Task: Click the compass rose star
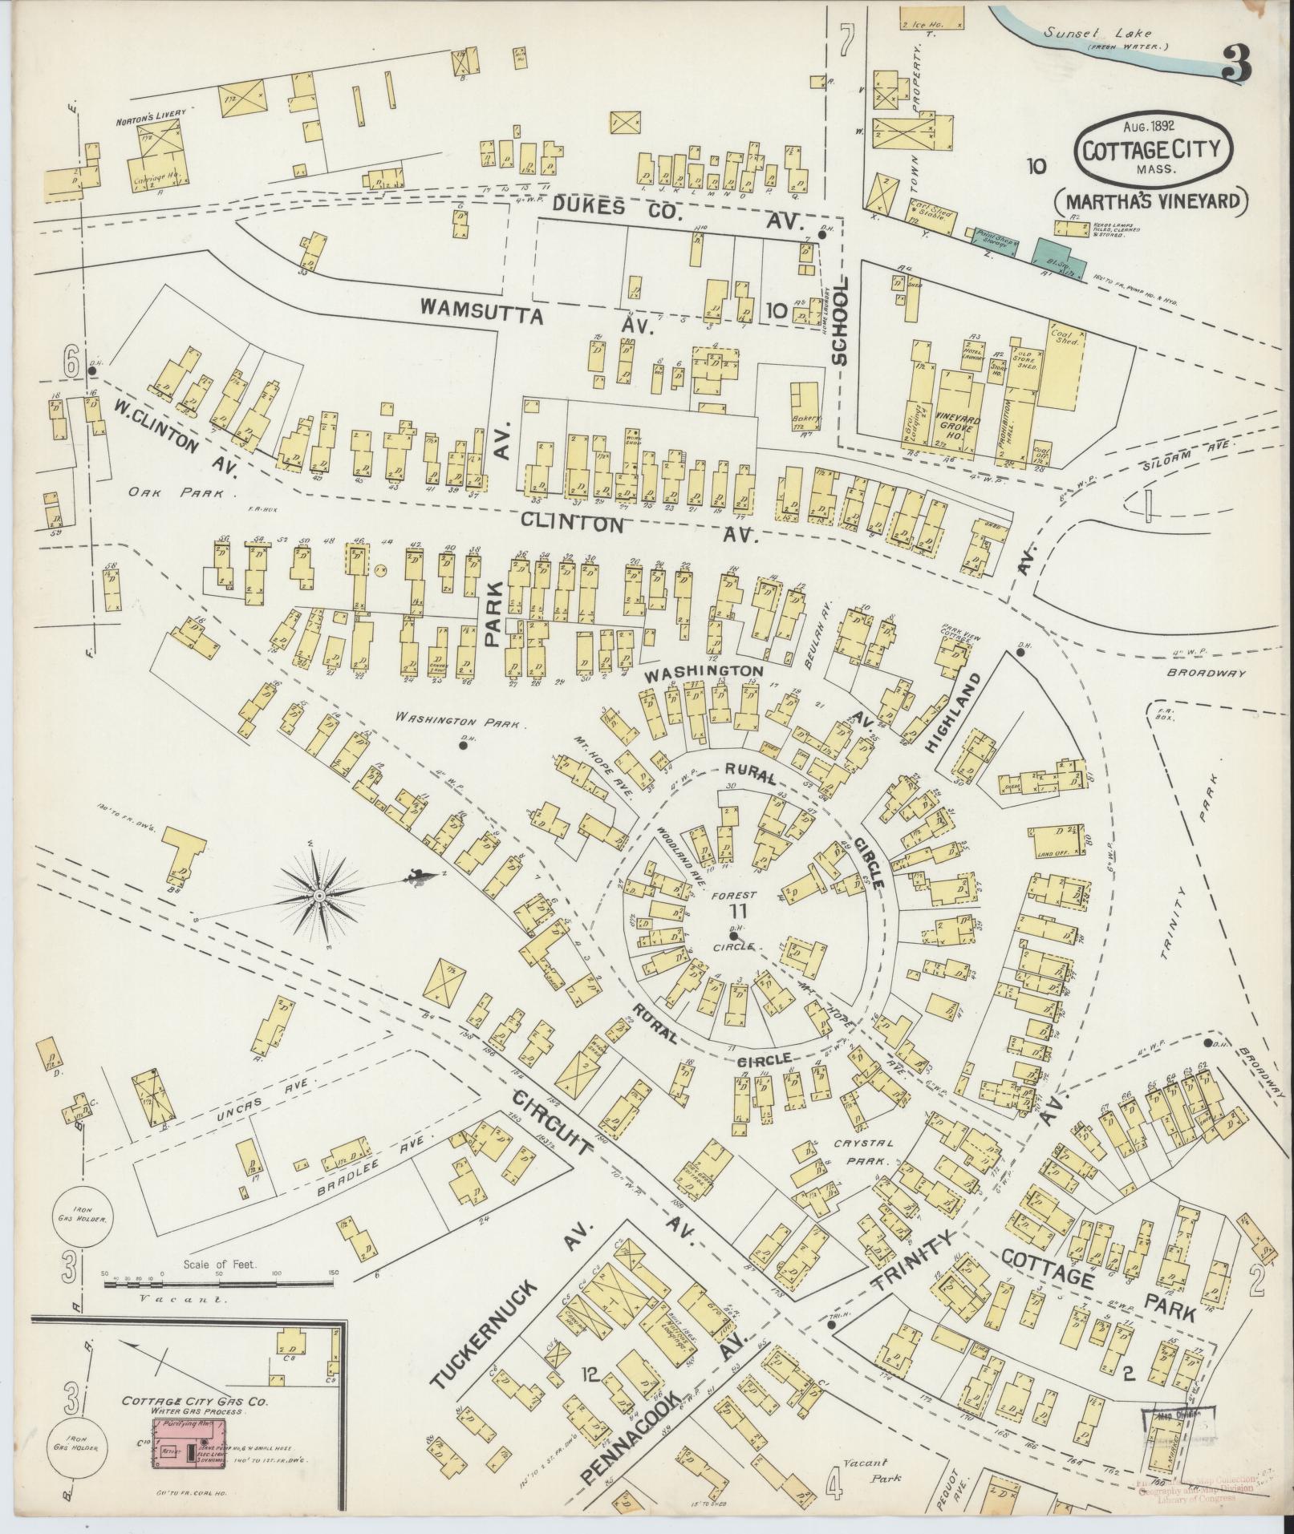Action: click(x=320, y=894)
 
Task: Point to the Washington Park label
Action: click(x=461, y=721)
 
